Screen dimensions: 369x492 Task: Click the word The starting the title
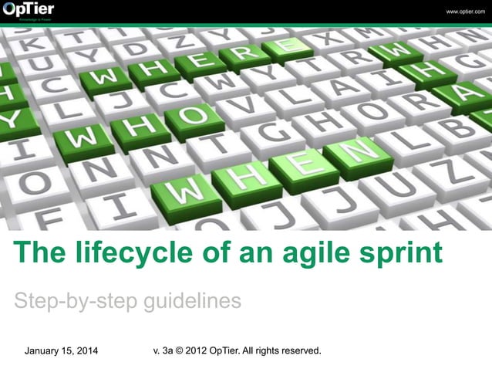[x=39, y=252]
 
